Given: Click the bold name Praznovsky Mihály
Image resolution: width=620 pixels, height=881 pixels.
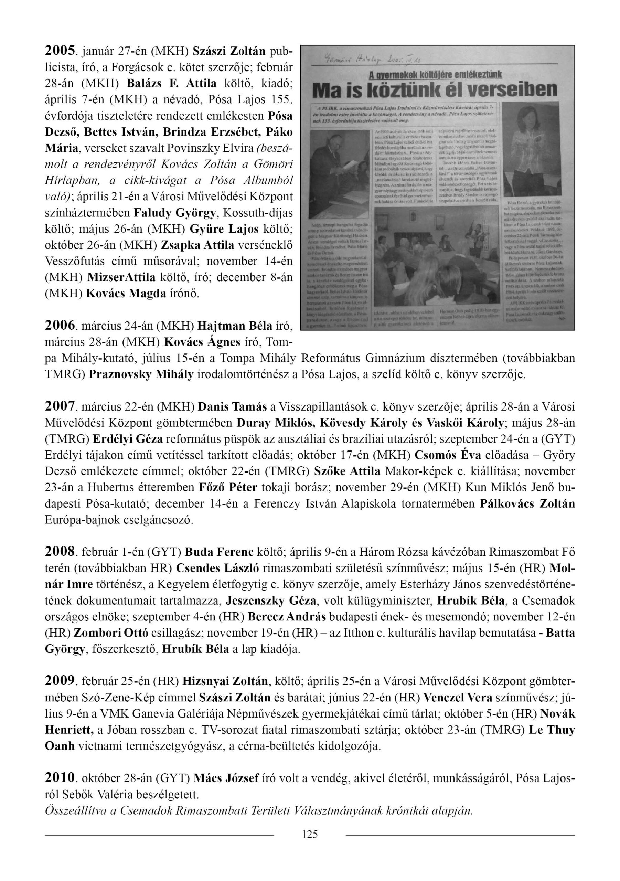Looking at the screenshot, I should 141,374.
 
